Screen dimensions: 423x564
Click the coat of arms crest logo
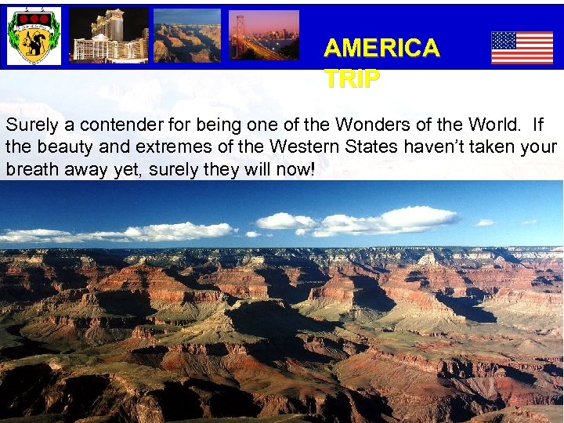tap(34, 36)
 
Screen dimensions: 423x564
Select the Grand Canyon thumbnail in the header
tap(186, 36)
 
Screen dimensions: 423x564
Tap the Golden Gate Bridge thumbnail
tap(263, 36)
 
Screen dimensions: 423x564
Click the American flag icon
tap(522, 48)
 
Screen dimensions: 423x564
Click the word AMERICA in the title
tap(381, 49)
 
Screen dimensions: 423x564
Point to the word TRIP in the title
tap(352, 78)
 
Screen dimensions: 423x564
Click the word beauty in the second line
tap(61, 147)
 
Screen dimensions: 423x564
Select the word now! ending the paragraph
tap(295, 169)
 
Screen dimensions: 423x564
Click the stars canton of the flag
tap(504, 40)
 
